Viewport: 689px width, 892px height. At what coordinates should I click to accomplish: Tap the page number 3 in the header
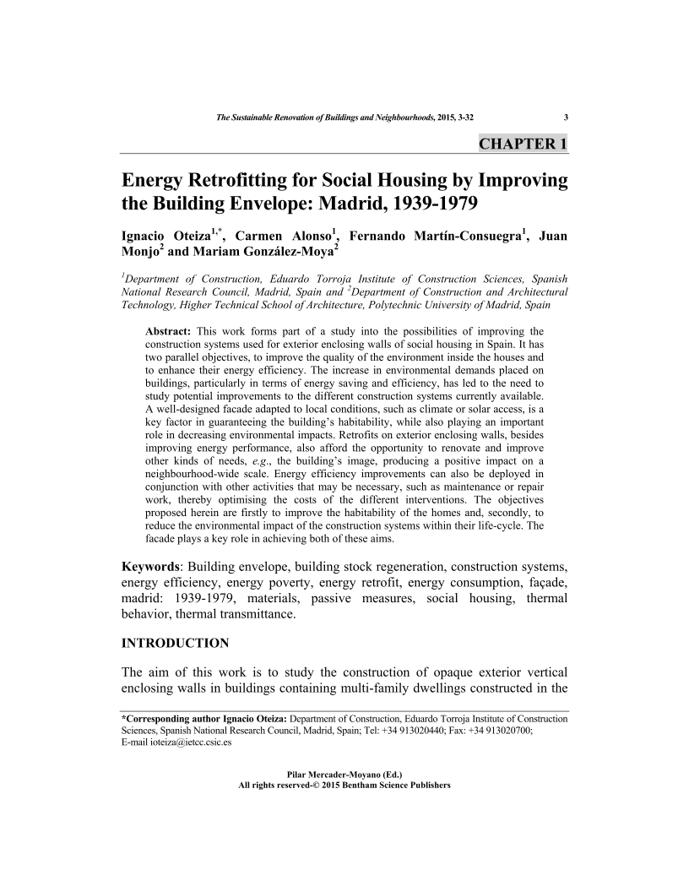565,117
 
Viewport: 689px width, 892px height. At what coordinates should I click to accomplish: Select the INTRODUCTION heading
176,644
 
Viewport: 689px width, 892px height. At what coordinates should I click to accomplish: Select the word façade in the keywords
547,581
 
